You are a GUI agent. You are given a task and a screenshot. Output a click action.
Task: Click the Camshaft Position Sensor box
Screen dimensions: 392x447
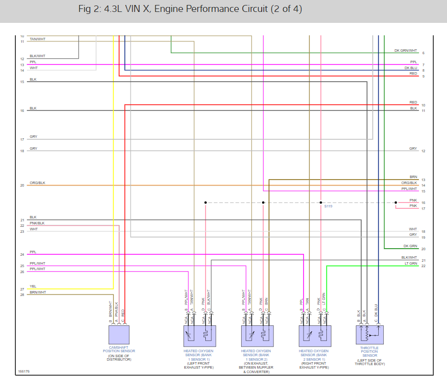pos(119,335)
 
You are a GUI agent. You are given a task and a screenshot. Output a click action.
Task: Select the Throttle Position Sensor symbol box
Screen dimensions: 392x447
pos(369,335)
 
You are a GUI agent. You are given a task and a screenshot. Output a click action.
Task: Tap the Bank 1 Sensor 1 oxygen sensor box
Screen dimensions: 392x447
pos(199,336)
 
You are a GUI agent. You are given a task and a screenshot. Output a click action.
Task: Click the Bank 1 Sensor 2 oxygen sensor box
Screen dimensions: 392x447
pos(257,336)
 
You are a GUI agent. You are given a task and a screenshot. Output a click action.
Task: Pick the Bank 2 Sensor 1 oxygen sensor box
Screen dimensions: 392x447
pos(314,336)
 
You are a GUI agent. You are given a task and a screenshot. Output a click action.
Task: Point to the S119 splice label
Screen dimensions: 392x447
pos(328,206)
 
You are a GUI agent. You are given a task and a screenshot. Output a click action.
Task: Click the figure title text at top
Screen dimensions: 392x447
pos(190,9)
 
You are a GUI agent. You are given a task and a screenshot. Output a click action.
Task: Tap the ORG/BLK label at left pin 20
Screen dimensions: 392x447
pos(37,183)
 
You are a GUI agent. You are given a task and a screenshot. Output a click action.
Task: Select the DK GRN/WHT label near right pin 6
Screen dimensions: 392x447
pos(406,50)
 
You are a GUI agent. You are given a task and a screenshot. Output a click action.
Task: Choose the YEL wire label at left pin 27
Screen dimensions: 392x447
pos(33,286)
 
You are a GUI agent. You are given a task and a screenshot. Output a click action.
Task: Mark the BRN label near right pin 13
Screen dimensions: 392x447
pos(414,177)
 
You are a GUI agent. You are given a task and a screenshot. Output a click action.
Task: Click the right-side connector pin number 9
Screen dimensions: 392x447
pos(423,77)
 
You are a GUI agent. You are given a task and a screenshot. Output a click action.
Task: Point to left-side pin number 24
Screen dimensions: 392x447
pos(22,255)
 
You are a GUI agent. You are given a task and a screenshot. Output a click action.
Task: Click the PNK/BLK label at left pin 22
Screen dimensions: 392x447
pos(37,223)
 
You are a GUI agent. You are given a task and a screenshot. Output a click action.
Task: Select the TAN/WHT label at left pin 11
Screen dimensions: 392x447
pos(37,39)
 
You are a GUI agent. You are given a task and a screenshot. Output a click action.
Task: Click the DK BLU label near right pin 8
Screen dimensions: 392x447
pos(411,68)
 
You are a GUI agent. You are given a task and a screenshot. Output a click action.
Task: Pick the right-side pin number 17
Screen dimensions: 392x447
pos(423,208)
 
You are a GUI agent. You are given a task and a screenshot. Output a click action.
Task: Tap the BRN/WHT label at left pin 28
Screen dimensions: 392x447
pos(38,293)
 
